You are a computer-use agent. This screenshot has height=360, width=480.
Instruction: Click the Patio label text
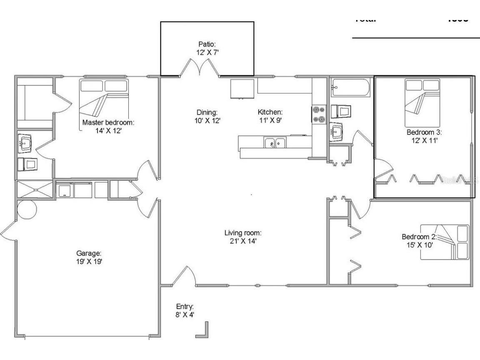[x=207, y=44]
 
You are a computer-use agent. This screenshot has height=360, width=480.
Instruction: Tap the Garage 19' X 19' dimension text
[x=89, y=261]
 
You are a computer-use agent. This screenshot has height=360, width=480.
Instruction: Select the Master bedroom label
[x=108, y=122]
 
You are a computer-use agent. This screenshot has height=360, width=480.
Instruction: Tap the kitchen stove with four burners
[x=318, y=115]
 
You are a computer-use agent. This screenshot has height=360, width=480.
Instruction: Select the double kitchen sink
[x=275, y=143]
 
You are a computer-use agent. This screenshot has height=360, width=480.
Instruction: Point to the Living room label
[x=243, y=232]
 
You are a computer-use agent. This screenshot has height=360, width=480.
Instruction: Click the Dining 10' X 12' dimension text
[x=207, y=121]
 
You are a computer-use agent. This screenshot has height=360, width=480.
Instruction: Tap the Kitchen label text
[x=270, y=112]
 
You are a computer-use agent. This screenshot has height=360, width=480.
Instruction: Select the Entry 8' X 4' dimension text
[x=185, y=315]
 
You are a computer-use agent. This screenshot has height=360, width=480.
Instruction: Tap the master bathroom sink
[x=25, y=144]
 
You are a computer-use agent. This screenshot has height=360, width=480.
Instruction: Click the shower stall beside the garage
[x=35, y=189]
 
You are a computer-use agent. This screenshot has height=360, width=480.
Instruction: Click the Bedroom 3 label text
[x=424, y=132]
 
